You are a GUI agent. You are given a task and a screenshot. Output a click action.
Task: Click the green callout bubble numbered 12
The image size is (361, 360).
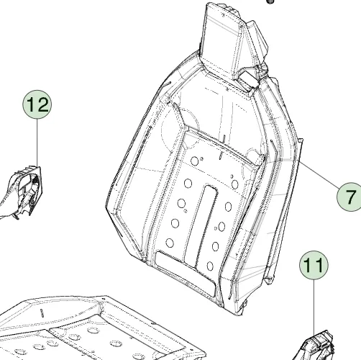pyautogui.click(x=37, y=104)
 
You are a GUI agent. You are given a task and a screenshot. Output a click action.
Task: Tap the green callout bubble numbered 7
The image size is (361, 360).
pyautogui.click(x=349, y=197)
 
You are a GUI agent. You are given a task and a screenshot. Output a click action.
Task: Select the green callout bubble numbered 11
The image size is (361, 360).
pyautogui.click(x=314, y=265)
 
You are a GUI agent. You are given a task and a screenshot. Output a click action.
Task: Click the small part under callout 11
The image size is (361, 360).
pyautogui.click(x=316, y=346)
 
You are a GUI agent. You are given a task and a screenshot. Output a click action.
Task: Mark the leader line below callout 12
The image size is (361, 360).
pyautogui.click(x=37, y=143)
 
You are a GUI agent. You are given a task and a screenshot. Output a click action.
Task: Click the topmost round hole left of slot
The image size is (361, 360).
pyautogui.click(x=195, y=161)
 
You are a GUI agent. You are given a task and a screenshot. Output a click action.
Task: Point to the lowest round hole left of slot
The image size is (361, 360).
pyautogui.click(x=170, y=243)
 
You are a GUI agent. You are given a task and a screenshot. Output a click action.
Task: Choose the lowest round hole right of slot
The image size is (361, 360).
pyautogui.click(x=210, y=266)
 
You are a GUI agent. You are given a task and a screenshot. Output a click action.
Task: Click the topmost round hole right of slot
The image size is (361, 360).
pyautogui.click(x=235, y=184)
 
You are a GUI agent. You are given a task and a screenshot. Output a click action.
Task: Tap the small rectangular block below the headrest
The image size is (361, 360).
pyautogui.click(x=249, y=81)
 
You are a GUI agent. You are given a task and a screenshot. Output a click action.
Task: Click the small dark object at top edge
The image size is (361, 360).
pyautogui.click(x=270, y=1)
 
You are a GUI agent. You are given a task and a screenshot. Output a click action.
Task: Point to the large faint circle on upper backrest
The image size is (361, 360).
pyautogui.click(x=180, y=127)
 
